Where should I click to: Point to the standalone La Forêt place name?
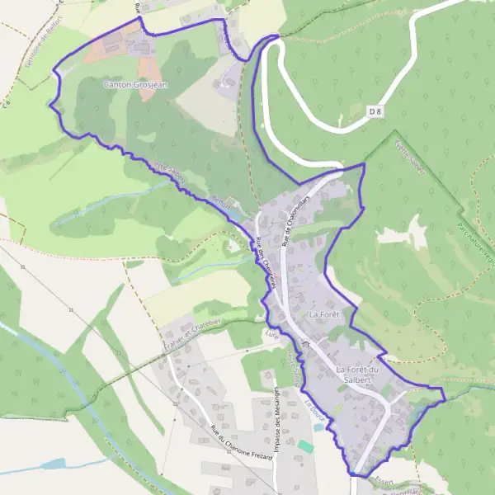point(325,315)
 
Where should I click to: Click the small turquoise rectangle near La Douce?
point(306,446)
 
